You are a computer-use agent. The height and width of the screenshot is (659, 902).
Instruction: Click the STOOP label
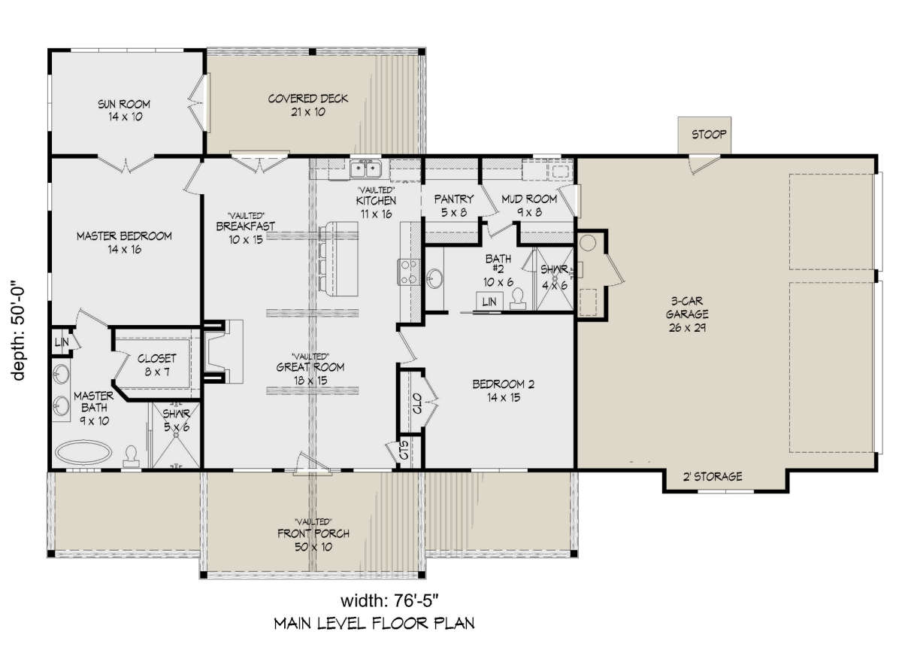709,134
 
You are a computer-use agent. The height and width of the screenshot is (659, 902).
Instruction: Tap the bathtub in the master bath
83,452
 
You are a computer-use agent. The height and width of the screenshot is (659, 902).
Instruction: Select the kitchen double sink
365,169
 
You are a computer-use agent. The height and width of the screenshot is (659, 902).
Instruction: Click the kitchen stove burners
409,272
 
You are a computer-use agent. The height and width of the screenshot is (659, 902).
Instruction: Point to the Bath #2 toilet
517,299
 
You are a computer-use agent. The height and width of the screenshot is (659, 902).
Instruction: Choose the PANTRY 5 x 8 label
454,205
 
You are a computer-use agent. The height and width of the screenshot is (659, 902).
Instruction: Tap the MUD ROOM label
529,199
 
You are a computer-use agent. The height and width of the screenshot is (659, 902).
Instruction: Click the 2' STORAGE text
713,476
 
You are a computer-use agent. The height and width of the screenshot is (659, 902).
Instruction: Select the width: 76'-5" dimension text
389,601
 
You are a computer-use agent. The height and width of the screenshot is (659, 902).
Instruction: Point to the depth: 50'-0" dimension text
19,330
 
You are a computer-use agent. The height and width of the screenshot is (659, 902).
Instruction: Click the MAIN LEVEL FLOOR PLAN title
374,624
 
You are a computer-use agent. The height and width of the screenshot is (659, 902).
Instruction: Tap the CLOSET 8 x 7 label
156,365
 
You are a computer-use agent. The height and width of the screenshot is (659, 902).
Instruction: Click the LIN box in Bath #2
489,301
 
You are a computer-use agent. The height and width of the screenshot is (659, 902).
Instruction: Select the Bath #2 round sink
434,278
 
